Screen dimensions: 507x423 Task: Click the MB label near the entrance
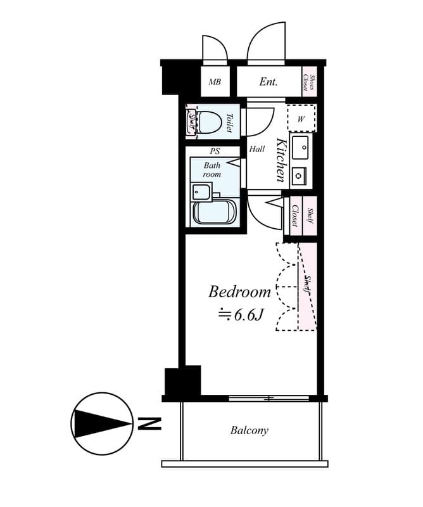point(215,82)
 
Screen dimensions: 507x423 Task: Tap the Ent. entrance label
point(268,82)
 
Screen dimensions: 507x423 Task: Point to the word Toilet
point(230,122)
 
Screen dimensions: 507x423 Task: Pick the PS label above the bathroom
point(215,151)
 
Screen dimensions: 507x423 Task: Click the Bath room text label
point(211,169)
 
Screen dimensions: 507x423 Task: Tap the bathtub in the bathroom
point(214,212)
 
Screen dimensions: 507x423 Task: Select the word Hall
point(257,150)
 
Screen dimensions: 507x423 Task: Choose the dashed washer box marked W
point(301,118)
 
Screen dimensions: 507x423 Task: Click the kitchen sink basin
point(300,148)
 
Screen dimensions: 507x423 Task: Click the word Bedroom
point(239,292)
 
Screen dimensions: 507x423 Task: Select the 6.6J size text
point(241,314)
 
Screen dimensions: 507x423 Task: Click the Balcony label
point(249,431)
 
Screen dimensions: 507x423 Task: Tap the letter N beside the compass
point(149,423)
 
